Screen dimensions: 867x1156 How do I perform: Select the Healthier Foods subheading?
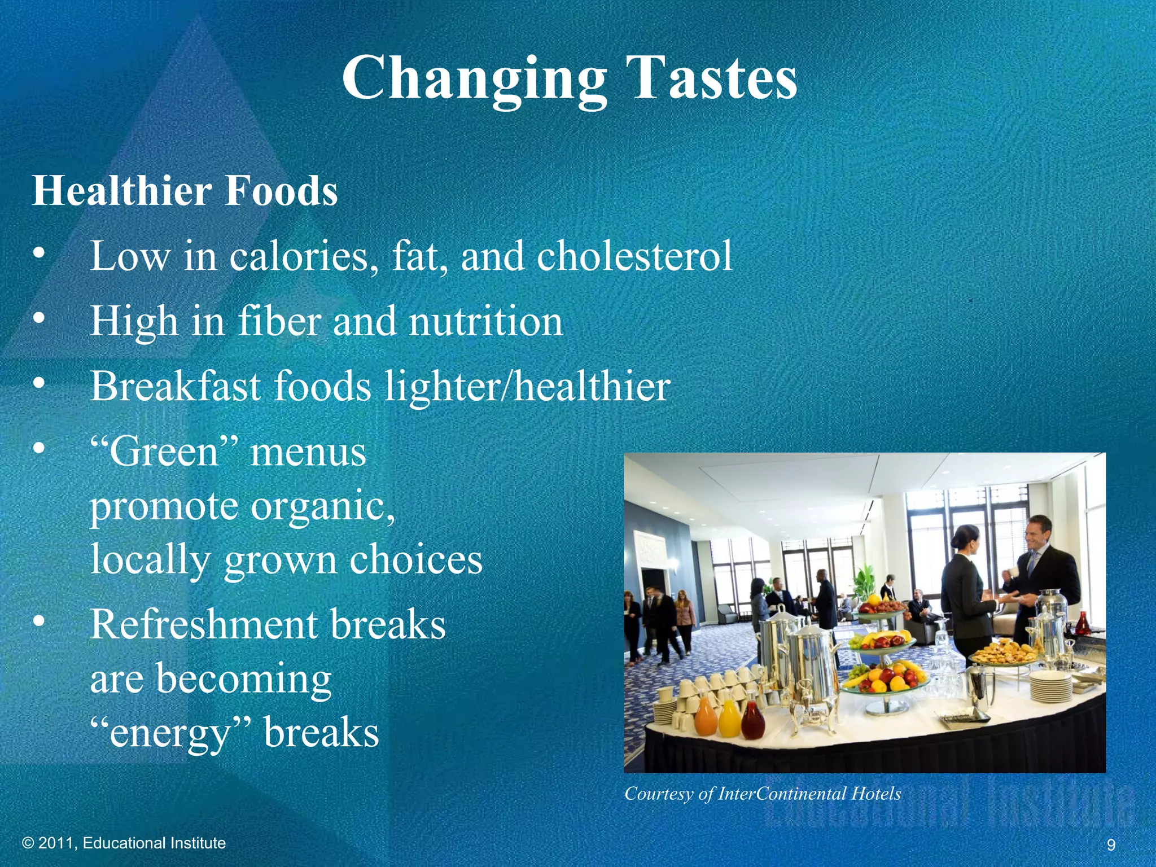[x=185, y=191]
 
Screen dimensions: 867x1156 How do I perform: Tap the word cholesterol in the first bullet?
[x=634, y=256]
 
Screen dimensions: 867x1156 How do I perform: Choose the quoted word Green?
[x=164, y=453]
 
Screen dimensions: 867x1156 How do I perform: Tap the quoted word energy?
[x=170, y=733]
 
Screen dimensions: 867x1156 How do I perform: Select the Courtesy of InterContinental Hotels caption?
[x=763, y=794]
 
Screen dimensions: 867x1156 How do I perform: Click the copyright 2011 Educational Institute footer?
[x=124, y=843]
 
